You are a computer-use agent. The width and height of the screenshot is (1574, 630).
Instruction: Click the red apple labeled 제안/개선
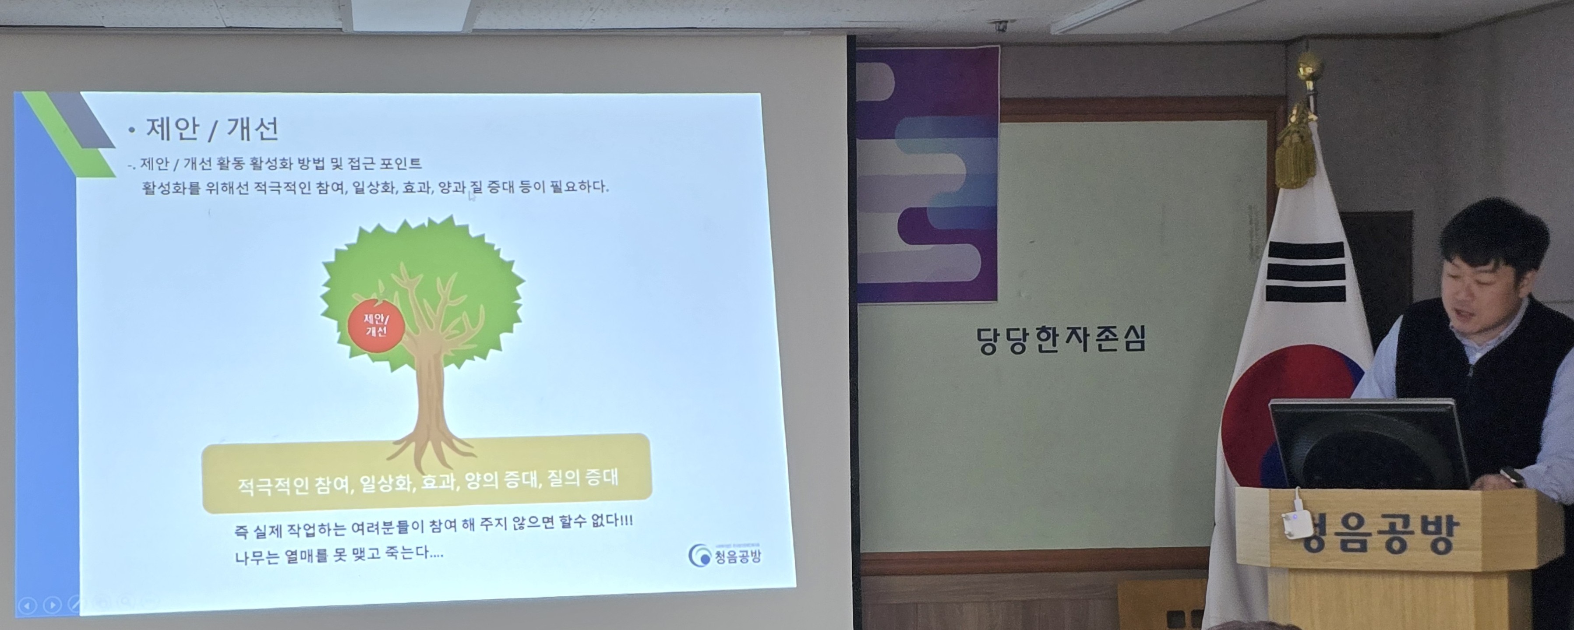click(x=376, y=325)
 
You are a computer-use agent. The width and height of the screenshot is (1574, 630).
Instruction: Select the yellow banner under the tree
click(x=427, y=474)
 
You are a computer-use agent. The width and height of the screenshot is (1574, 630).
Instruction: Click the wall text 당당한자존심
click(x=1061, y=340)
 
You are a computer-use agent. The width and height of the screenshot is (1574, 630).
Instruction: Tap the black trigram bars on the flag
click(x=1306, y=271)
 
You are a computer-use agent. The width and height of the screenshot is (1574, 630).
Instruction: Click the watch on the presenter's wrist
click(x=1511, y=476)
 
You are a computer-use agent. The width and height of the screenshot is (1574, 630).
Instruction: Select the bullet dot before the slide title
click(x=131, y=130)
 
